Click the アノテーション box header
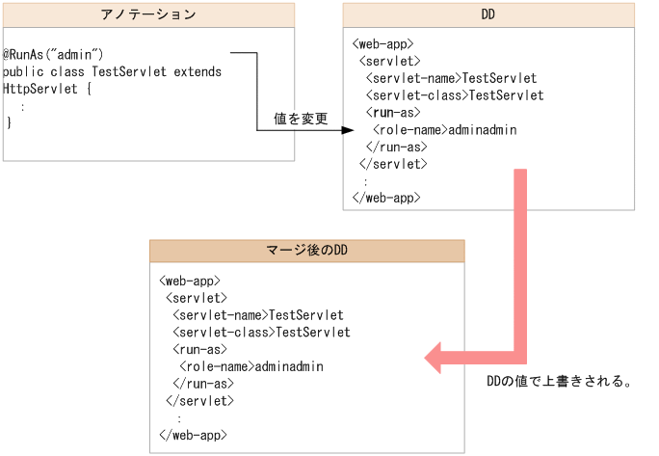tap(148, 14)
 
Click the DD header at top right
tap(488, 14)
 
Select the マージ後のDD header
tap(306, 251)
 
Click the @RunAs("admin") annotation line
tap(53, 54)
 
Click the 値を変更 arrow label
tap(301, 120)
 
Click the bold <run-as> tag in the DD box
tap(396, 113)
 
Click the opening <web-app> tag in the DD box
tap(383, 43)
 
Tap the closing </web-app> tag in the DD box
tap(386, 198)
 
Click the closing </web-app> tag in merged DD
tap(193, 435)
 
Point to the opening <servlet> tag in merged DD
tap(197, 298)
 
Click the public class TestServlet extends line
tap(112, 71)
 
